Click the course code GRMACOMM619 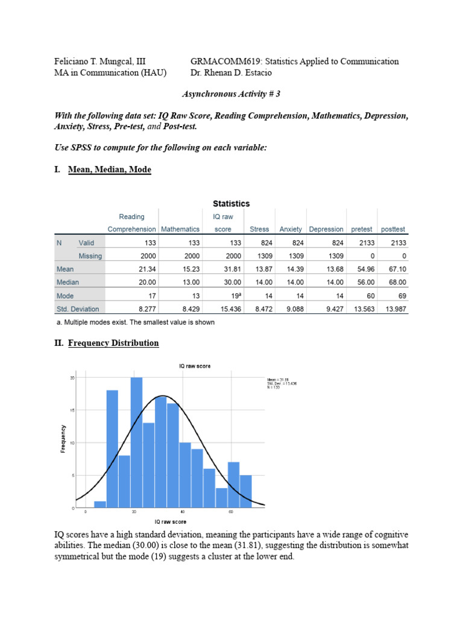coord(220,61)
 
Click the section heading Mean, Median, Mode coord(110,170)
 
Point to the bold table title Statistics coord(231,203)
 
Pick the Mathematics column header coord(180,229)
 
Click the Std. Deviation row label coord(78,309)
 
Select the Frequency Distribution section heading coord(113,343)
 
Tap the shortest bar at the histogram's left coord(100,505)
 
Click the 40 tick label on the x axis coord(183,512)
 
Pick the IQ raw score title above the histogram coord(195,366)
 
